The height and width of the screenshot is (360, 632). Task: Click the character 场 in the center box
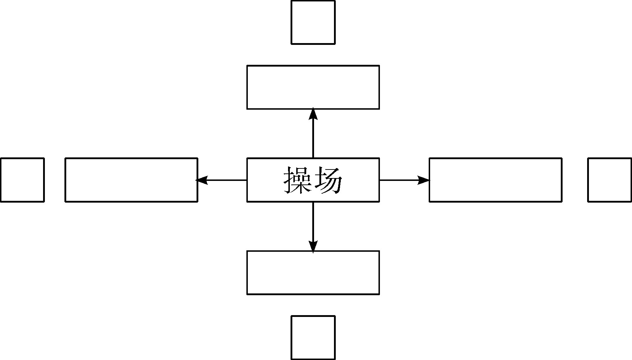pyautogui.click(x=329, y=181)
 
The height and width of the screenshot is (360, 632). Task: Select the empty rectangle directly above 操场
pyautogui.click(x=313, y=87)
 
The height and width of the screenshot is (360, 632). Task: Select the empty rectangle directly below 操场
pyautogui.click(x=313, y=273)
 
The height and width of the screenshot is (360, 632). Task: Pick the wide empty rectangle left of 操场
pyautogui.click(x=131, y=180)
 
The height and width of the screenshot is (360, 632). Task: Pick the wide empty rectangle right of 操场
pyautogui.click(x=495, y=180)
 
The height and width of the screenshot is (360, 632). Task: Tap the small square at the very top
pyautogui.click(x=313, y=22)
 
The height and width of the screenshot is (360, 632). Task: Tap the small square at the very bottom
pyautogui.click(x=313, y=338)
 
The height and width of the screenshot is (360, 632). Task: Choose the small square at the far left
pyautogui.click(x=22, y=180)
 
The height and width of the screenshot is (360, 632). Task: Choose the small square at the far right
pyautogui.click(x=610, y=180)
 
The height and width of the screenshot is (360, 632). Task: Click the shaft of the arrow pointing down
pyautogui.click(x=313, y=221)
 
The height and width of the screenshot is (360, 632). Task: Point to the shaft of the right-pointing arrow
pyautogui.click(x=399, y=180)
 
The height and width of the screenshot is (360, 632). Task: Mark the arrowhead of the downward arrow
pyautogui.click(x=313, y=246)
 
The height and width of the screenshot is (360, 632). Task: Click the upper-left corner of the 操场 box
pyautogui.click(x=247, y=158)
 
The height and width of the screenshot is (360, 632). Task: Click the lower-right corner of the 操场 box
pyautogui.click(x=379, y=202)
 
